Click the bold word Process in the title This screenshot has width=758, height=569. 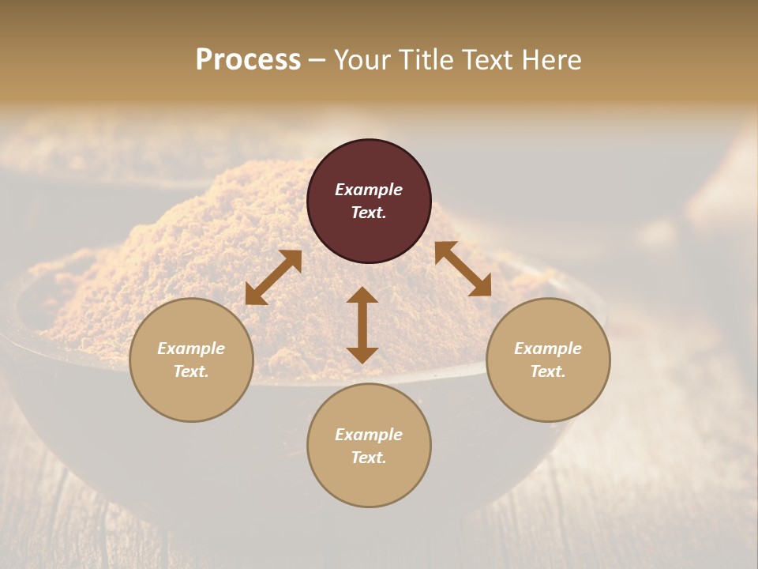(248, 60)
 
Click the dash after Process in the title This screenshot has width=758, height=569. (317, 61)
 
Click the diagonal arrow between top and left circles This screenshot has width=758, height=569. (273, 277)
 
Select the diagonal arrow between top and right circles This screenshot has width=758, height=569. (463, 269)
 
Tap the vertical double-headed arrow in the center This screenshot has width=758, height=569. (362, 325)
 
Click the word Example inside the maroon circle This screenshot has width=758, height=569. (369, 190)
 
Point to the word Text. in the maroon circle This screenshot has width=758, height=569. (369, 213)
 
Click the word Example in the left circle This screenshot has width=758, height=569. (191, 349)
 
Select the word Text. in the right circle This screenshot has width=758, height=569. (548, 371)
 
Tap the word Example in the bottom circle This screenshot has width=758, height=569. (369, 435)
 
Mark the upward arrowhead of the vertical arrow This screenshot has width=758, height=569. (362, 296)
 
